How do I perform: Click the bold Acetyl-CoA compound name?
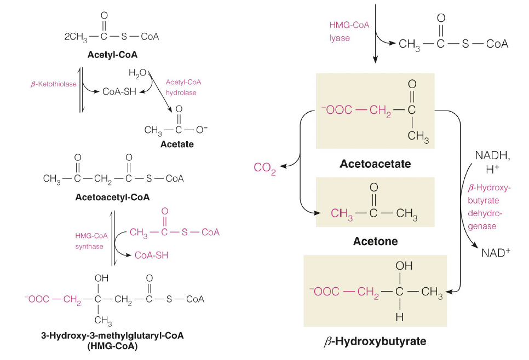coord(112,55)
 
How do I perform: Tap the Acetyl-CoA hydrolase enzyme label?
coord(183,87)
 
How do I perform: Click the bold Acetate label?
coord(177,144)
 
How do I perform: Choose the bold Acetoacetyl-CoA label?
coord(113,196)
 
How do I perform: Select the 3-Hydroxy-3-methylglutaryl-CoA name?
coord(112,335)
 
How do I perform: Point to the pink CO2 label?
coord(265,167)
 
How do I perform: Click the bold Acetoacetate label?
coord(375,164)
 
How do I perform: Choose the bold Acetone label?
coord(376,241)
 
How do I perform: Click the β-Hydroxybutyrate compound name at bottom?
coord(375,342)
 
